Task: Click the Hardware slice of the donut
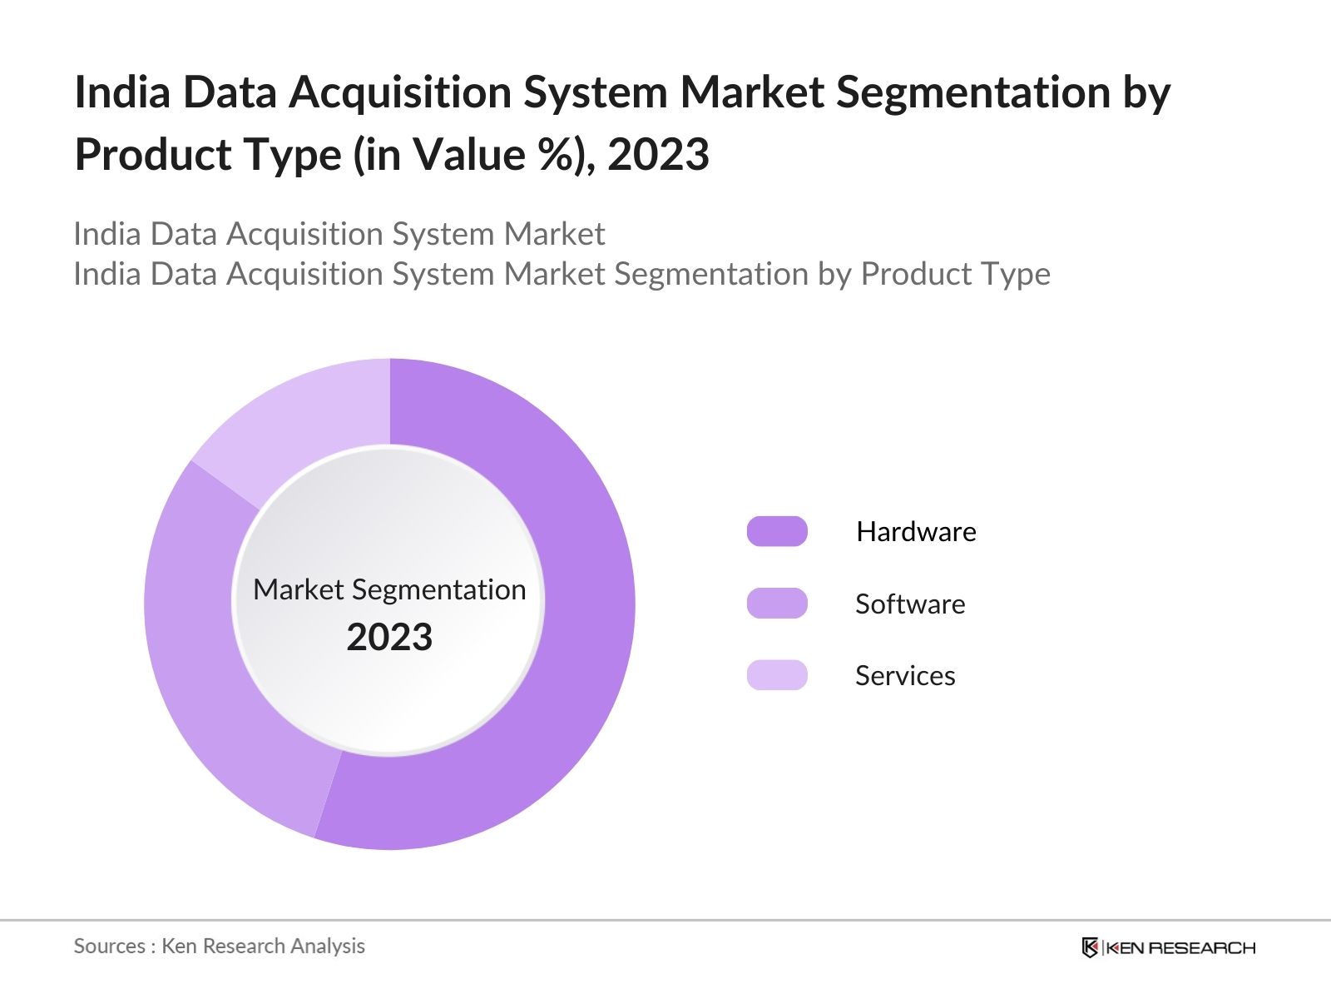582,624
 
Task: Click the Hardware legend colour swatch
777,531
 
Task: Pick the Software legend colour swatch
777,604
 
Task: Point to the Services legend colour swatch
777,675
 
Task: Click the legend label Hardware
916,531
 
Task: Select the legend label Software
910,604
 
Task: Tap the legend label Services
905,675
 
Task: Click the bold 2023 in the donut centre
389,638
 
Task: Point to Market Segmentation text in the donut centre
389,589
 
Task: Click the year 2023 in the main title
658,155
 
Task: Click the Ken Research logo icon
1090,947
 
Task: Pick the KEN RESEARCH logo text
1180,947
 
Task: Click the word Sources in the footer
109,946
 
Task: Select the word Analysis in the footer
328,946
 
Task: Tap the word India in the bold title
121,92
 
